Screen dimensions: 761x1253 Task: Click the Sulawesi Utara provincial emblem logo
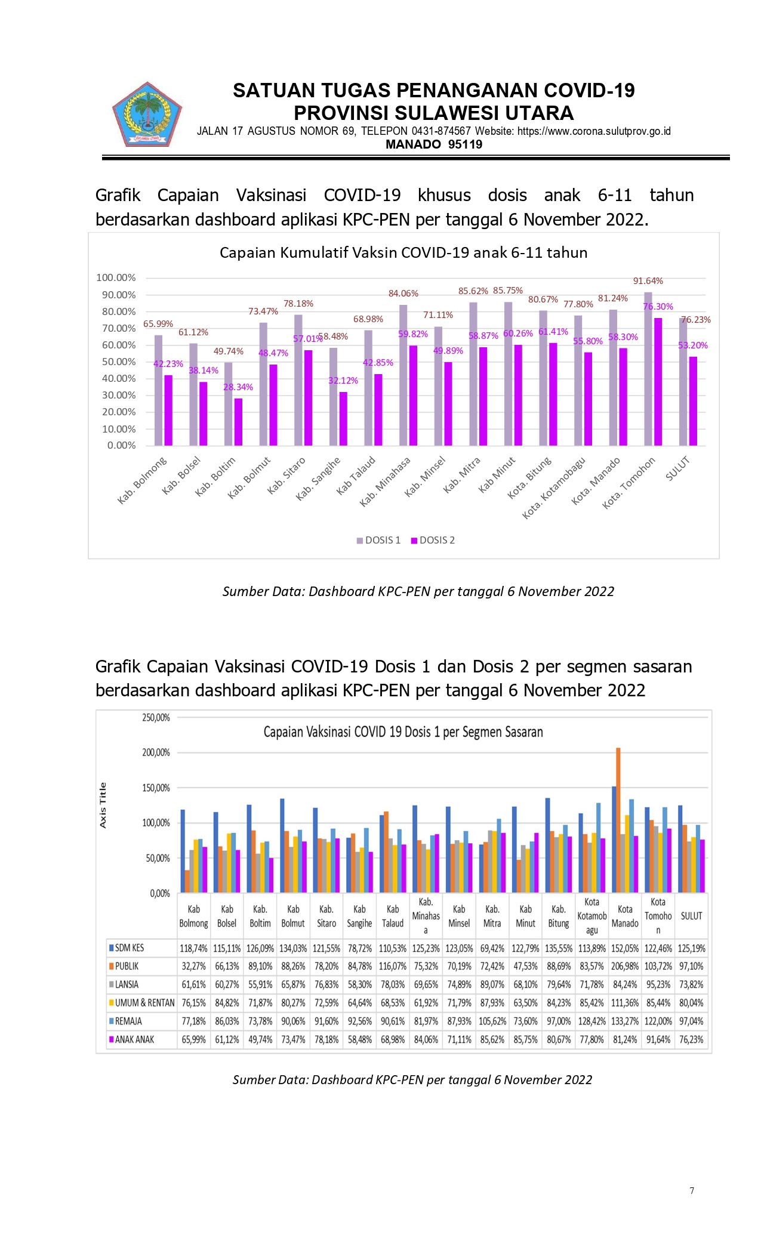pyautogui.click(x=147, y=115)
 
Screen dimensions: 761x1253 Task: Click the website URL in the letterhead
pyautogui.click(x=594, y=131)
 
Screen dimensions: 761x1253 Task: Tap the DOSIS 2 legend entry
pyautogui.click(x=433, y=540)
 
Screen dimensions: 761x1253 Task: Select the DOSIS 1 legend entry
pyautogui.click(x=378, y=540)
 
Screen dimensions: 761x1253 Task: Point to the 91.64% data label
pyautogui.click(x=648, y=281)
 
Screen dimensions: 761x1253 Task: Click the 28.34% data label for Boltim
pyautogui.click(x=238, y=387)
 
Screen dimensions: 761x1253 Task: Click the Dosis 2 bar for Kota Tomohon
pyautogui.click(x=658, y=382)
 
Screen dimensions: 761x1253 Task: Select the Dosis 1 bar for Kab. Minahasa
pyautogui.click(x=403, y=375)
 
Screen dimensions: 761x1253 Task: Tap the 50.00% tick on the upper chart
pyautogui.click(x=119, y=362)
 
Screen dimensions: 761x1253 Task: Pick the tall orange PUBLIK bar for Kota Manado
pyautogui.click(x=618, y=820)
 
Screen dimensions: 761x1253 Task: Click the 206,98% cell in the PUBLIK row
pyautogui.click(x=625, y=966)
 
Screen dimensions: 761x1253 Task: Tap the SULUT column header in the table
pyautogui.click(x=691, y=916)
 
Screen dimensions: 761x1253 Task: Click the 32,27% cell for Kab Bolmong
pyautogui.click(x=194, y=966)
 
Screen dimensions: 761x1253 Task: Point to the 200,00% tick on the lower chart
pyautogui.click(x=156, y=752)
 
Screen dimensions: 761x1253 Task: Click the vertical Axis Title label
pyautogui.click(x=103, y=805)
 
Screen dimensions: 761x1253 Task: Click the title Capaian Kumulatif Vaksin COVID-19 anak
pyautogui.click(x=403, y=252)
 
